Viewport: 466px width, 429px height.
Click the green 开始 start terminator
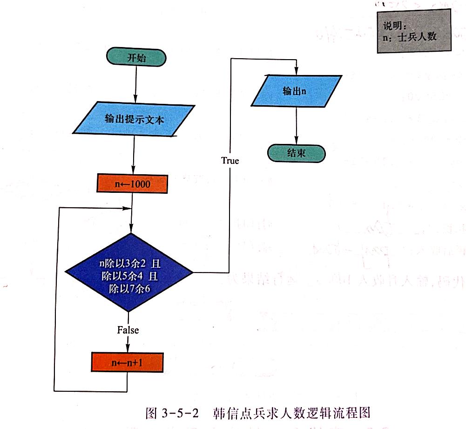(136, 58)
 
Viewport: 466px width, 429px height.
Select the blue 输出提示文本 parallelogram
(134, 119)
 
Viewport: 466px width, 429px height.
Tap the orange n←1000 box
(132, 184)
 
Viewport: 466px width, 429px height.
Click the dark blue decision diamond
(129, 272)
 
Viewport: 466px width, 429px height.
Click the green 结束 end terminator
(296, 153)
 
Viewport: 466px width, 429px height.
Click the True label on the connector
(230, 161)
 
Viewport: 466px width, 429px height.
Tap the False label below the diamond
(128, 330)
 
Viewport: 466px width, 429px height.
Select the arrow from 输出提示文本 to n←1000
(134, 156)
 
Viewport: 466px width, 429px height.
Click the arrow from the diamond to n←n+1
(128, 344)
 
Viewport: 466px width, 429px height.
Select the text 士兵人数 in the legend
(418, 37)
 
